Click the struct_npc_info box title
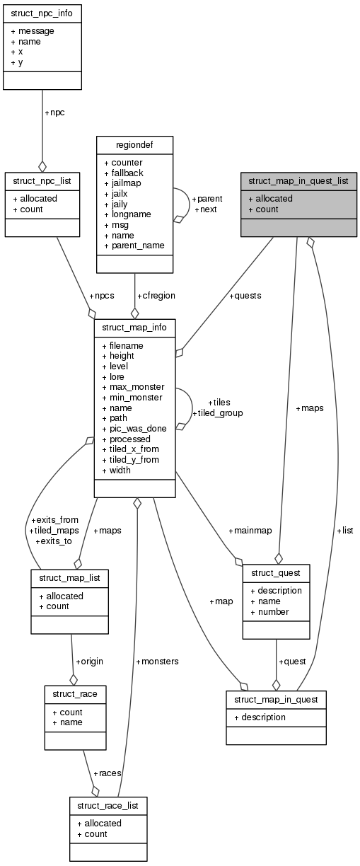(42, 13)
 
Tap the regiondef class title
(134, 145)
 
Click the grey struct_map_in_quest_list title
(298, 181)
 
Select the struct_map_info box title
(134, 328)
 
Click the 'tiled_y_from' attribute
(134, 460)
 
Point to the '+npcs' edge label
(100, 296)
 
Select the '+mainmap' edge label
(248, 531)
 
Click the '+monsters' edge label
(156, 662)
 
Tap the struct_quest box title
(276, 572)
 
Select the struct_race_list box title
(108, 805)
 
